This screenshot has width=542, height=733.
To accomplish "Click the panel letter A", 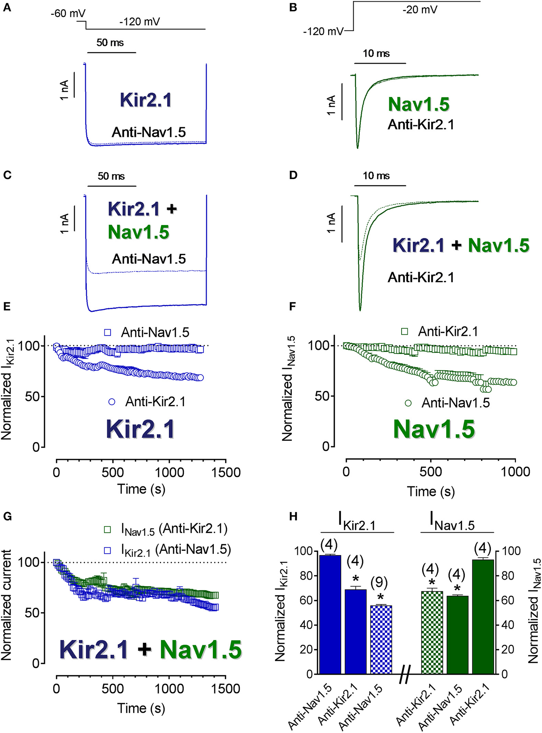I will point(7,7).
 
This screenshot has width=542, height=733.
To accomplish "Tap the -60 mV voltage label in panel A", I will point(68,14).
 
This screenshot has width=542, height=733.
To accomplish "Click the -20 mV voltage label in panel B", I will point(420,9).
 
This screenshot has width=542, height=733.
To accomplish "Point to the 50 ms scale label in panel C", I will point(111,176).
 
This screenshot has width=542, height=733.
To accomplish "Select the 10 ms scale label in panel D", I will point(376,176).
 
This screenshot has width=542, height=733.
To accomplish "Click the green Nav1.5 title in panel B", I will point(419,104).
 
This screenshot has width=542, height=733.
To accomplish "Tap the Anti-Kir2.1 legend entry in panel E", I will point(155,402).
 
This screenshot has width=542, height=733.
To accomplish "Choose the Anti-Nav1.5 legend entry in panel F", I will point(455,403).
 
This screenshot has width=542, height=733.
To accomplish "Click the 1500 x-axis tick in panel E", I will point(226,473).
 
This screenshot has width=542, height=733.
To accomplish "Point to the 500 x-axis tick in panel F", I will point(431,471).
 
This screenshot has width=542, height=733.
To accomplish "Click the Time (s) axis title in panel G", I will point(141,708).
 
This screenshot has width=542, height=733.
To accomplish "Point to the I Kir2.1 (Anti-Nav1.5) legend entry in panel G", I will point(176,549).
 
